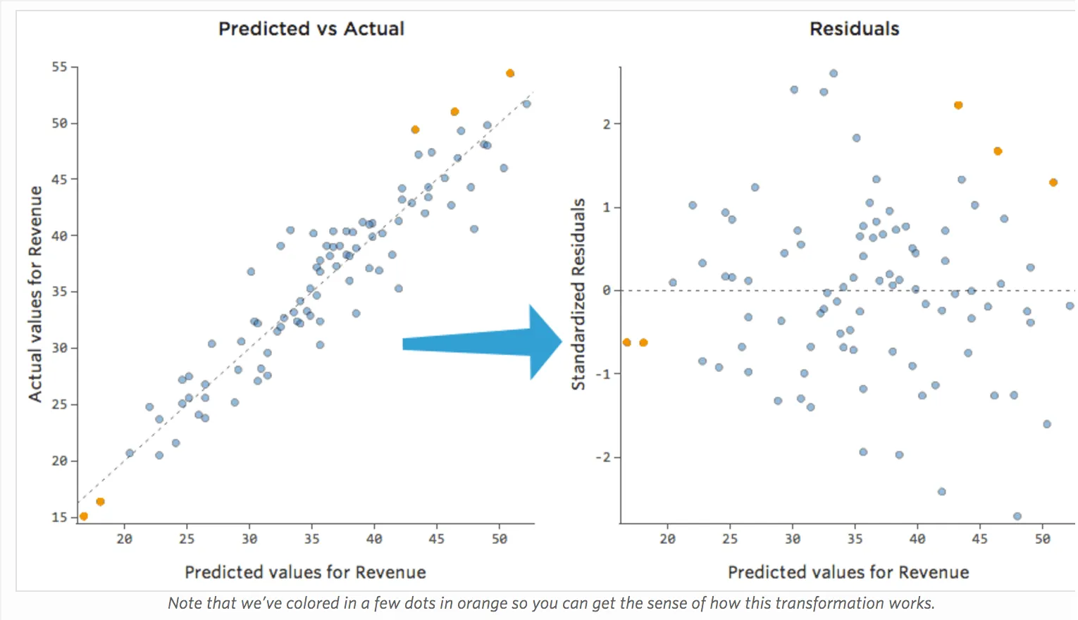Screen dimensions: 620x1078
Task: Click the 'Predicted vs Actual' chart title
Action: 311,29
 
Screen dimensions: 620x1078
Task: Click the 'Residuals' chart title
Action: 854,29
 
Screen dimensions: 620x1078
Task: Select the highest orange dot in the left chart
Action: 510,73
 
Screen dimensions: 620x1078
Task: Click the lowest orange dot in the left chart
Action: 84,516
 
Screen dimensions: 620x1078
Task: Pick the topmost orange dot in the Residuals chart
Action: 958,105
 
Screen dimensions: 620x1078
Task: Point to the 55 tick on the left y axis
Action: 59,67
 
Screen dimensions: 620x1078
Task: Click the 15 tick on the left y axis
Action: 59,517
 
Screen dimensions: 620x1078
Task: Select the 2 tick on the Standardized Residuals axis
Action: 607,124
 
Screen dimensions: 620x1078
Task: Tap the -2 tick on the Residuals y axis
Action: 603,457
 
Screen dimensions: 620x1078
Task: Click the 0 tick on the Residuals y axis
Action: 607,290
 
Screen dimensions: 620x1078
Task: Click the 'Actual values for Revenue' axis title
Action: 35,294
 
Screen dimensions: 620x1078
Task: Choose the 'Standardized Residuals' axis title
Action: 578,294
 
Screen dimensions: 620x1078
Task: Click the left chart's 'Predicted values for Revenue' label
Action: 305,572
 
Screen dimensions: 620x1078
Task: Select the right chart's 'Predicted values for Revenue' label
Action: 848,572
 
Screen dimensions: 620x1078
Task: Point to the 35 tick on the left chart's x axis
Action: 311,539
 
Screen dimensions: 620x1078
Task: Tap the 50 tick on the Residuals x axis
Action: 1042,539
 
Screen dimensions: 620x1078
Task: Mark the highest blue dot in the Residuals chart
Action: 834,73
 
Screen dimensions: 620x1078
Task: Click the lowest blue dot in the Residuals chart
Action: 1017,516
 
